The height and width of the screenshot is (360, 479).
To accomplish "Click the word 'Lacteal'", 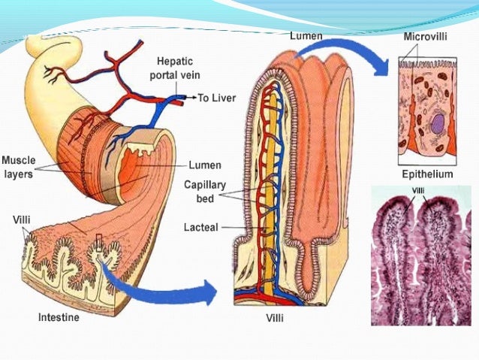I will pos(201,227).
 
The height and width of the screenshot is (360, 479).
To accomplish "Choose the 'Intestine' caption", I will pos(59,318).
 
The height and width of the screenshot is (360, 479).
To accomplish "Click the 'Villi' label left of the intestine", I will pos(22,220).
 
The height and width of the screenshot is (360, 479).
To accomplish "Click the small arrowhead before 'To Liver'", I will pos(194,98).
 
